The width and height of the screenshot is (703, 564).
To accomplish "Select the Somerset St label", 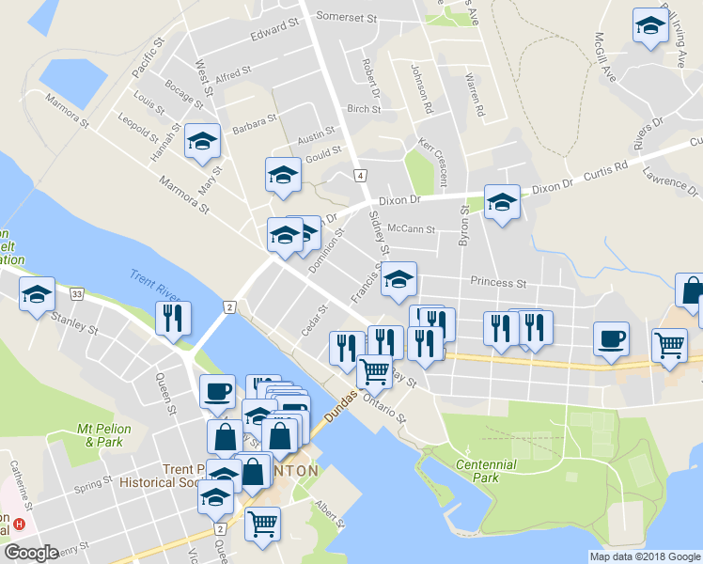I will click(346, 17).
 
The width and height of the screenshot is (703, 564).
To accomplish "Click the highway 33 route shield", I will click(77, 294).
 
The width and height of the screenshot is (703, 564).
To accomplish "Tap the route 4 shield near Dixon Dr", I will click(359, 175).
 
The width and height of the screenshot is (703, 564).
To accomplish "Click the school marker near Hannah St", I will click(202, 142).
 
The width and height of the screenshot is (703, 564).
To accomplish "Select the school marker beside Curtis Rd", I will click(502, 201).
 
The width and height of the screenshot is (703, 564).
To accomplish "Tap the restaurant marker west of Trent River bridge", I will click(173, 319).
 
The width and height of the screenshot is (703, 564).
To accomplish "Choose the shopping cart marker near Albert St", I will click(262, 522).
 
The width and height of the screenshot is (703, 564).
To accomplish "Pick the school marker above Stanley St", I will click(37, 294).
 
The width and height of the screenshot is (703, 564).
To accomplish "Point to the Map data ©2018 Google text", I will click(645, 556).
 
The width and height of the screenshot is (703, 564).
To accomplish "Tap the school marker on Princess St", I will click(398, 278).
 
